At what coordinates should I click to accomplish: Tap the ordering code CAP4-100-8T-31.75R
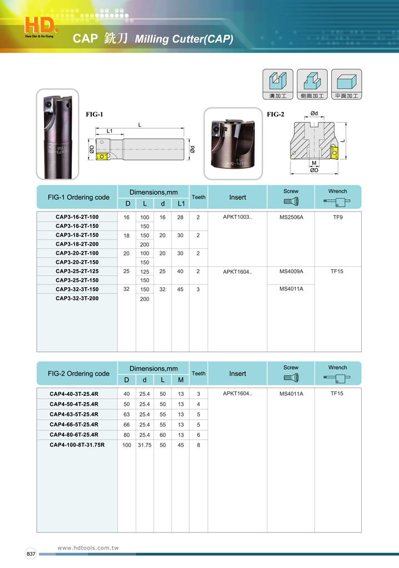pos(77,445)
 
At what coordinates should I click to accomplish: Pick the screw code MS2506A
pos(290,217)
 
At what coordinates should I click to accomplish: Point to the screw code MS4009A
pos(290,271)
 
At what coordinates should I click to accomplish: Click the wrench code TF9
pos(337,217)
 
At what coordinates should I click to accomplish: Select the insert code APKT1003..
pos(237,217)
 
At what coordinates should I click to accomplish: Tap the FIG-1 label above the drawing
pos(94,114)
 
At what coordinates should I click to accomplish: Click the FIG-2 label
pos(275,114)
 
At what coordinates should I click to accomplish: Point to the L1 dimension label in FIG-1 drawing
pos(110,131)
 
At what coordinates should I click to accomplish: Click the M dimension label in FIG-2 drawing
pos(314,163)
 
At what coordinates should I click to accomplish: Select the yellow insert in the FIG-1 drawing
pos(102,157)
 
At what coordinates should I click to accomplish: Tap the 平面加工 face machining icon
pos(346,84)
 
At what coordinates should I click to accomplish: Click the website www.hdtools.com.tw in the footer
pos(88,548)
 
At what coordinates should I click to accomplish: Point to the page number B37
pos(31,554)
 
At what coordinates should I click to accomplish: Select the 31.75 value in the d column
pos(145,445)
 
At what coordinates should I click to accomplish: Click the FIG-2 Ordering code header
pos(78,374)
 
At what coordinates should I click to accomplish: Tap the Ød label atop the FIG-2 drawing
pos(314,114)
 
